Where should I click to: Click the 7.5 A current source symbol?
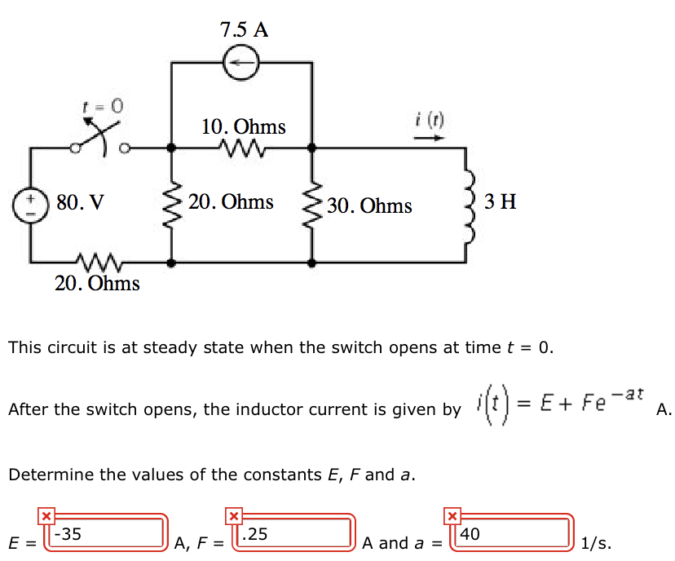click(241, 63)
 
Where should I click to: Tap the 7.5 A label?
click(244, 30)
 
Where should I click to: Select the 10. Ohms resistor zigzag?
click(242, 148)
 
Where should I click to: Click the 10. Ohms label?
click(244, 127)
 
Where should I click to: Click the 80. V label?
click(81, 201)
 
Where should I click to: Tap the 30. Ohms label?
click(369, 205)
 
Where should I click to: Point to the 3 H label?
click(500, 201)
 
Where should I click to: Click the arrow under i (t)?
click(429, 138)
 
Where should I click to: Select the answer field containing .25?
click(294, 535)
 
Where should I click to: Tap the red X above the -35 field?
click(46, 515)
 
